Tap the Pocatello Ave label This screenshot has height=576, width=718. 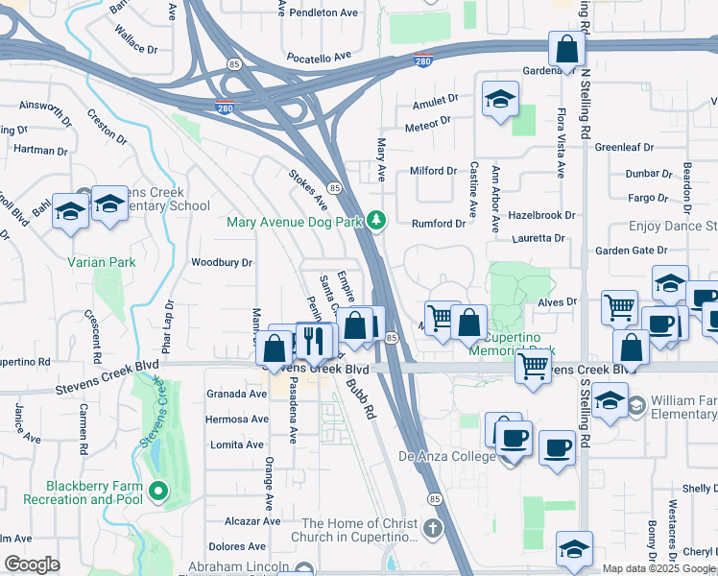click(x=324, y=59)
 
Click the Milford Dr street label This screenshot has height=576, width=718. click(x=434, y=171)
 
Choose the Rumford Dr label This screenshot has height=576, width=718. click(x=439, y=224)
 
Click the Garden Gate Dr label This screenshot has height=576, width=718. click(x=631, y=250)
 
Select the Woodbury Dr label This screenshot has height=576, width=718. click(x=222, y=262)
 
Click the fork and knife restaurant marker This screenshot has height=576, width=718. click(x=313, y=339)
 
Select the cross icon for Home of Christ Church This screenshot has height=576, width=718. click(x=433, y=529)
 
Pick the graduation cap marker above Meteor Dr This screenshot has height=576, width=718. click(x=499, y=100)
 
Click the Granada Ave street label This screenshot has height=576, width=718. click(x=236, y=394)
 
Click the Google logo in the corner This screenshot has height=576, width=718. click(x=33, y=564)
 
